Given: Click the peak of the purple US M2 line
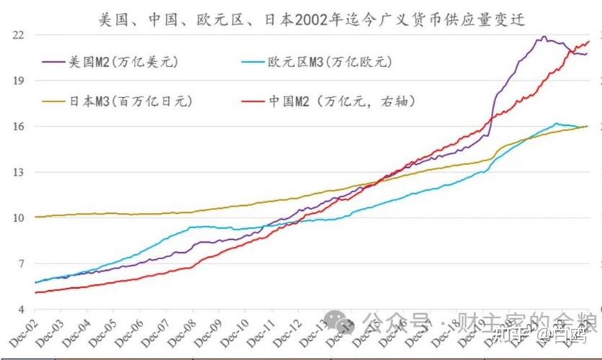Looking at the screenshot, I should click(544, 37).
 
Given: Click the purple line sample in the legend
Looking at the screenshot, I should click(55, 63).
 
